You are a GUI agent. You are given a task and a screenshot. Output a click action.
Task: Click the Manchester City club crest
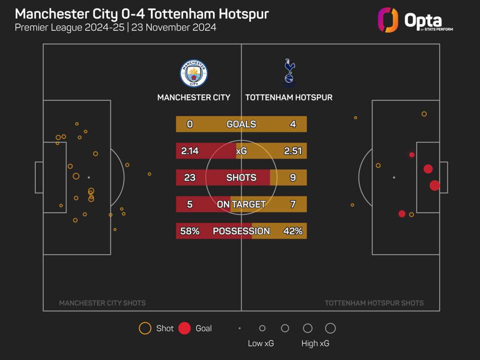[193, 73]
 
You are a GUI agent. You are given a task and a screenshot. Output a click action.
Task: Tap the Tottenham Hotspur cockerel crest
[289, 72]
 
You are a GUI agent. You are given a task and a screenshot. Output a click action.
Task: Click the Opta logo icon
[388, 20]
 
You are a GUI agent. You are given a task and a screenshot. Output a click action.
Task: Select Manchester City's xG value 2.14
[189, 151]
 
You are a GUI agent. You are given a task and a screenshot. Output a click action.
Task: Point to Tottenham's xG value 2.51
[292, 151]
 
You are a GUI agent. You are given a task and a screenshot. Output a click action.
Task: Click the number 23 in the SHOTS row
[189, 177]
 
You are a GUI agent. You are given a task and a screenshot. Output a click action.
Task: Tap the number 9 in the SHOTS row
[292, 177]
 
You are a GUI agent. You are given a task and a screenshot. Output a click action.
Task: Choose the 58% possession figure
[189, 231]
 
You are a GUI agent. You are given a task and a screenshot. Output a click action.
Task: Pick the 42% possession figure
[292, 231]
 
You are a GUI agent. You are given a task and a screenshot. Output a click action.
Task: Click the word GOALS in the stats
[241, 124]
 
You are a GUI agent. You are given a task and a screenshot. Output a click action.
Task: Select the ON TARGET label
[241, 204]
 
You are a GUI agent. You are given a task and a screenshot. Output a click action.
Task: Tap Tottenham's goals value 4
[292, 124]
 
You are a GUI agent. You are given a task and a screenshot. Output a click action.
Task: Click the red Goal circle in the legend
[184, 328]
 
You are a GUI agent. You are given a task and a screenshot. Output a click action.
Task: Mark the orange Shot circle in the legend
[145, 328]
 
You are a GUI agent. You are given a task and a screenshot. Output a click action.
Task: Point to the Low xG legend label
[260, 343]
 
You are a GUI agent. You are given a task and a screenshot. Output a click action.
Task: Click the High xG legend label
[315, 343]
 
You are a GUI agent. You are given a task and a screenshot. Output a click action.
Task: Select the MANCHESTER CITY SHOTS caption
[102, 303]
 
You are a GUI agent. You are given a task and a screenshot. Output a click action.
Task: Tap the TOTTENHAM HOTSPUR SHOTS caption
[374, 303]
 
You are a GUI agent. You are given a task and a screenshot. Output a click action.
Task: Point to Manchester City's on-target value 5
[189, 204]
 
